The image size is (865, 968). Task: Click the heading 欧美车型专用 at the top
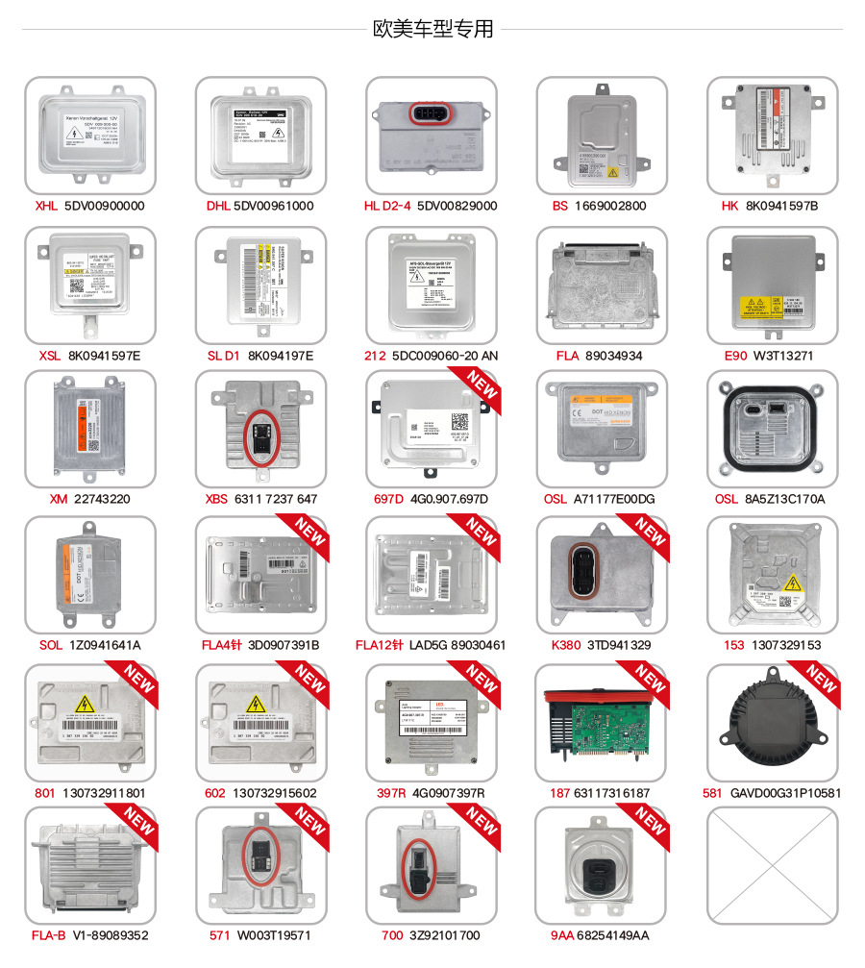[432, 30]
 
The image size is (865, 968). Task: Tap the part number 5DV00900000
[104, 206]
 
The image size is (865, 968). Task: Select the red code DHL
[219, 206]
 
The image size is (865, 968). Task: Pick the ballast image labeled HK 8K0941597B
[772, 132]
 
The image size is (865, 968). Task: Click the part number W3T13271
[783, 356]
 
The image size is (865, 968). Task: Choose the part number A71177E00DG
[613, 499]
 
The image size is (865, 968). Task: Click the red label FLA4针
[224, 645]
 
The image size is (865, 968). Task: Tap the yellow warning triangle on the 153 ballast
[794, 583]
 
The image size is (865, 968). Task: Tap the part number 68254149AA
[613, 935]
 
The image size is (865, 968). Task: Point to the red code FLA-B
[48, 935]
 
